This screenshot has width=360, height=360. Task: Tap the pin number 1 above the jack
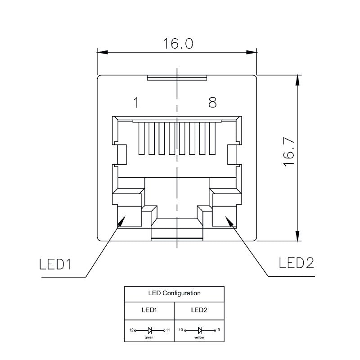coord(135,103)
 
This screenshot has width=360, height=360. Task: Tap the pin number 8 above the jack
coord(212,103)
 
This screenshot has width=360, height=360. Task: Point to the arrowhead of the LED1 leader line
coord(121,221)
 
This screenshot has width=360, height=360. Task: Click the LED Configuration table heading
coord(174,293)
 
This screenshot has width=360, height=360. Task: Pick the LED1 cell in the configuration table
coord(149,310)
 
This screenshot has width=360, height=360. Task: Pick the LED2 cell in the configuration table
coord(199,310)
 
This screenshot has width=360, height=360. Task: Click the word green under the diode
coord(149,337)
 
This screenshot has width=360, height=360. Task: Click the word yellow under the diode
coord(199,337)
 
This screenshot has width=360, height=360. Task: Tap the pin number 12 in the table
coord(131,330)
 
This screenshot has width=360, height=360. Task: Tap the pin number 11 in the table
coord(168,330)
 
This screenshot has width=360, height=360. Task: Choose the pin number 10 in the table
coord(180,330)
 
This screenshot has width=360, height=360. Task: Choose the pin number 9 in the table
coord(218,330)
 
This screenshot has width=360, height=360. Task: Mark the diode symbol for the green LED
coord(149,330)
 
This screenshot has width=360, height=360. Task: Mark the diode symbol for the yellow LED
coord(199,330)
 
